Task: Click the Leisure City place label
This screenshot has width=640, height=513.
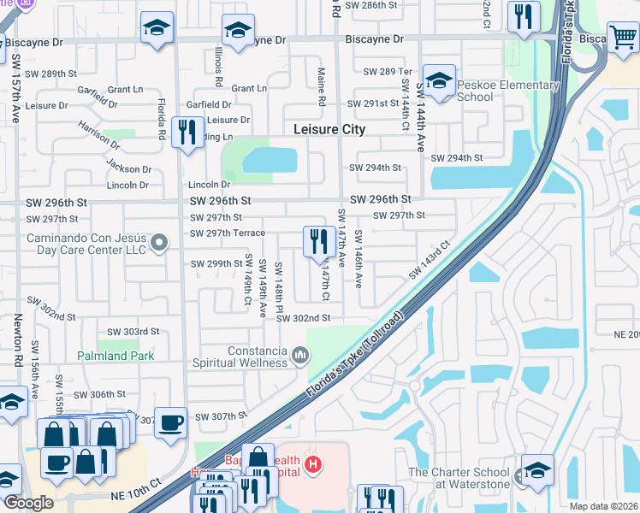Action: [329, 130]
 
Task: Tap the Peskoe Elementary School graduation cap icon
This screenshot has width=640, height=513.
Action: [439, 81]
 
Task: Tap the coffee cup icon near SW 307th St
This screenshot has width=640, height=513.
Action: [170, 422]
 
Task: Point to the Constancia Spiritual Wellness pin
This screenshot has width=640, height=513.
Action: [299, 354]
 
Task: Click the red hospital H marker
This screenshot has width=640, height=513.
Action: [314, 465]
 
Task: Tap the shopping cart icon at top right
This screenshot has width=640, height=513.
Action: [623, 38]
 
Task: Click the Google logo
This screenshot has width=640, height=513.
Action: [29, 503]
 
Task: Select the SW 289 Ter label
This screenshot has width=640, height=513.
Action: [388, 72]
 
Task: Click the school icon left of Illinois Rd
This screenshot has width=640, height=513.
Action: [157, 29]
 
